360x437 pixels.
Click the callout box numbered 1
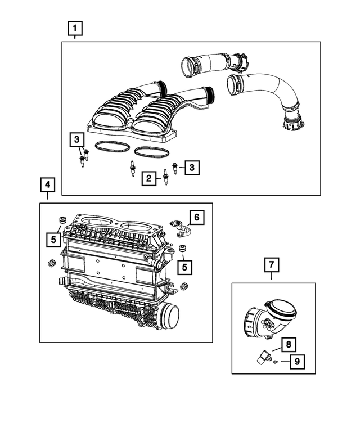[75, 27]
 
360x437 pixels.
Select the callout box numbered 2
[148, 179]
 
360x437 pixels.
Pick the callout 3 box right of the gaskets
[192, 167]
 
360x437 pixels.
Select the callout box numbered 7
[271, 263]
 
